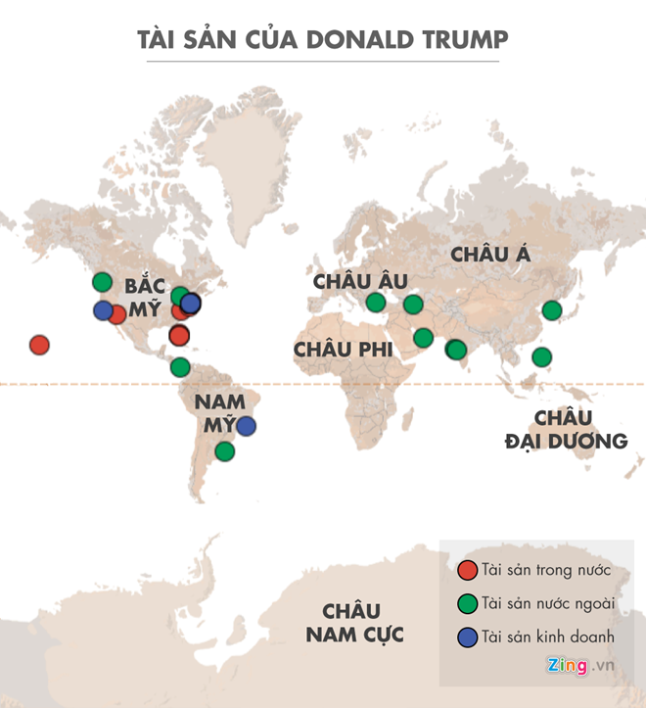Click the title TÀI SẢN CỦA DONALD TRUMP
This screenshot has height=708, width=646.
pos(323,40)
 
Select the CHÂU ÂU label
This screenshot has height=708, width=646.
pos(359,281)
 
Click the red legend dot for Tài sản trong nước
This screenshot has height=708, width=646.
pos(468,570)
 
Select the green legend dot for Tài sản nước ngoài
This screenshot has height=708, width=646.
pos(468,603)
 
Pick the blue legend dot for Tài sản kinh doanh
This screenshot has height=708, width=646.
pos(468,637)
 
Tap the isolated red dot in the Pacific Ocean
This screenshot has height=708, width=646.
pos(39,345)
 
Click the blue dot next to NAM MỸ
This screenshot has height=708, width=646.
pos(247,426)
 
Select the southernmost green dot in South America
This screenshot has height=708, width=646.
pos(225,451)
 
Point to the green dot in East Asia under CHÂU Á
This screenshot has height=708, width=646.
pos(552,310)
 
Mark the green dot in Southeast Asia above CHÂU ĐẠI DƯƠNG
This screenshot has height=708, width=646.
pos(541,357)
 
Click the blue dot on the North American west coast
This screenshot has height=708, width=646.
pos(103,310)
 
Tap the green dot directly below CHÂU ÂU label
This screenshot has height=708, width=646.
pos(376,303)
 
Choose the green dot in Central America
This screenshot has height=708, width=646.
pos(179,367)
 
